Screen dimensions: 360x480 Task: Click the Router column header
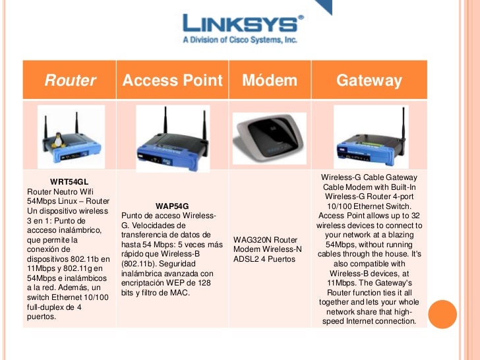tap(70, 80)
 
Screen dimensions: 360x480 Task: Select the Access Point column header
tap(173, 80)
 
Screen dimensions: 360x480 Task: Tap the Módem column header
tap(270, 80)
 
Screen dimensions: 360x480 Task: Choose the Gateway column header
tap(369, 80)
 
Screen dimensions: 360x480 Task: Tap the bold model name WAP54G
tap(172, 206)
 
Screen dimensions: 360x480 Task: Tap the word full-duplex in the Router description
tap(47, 307)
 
